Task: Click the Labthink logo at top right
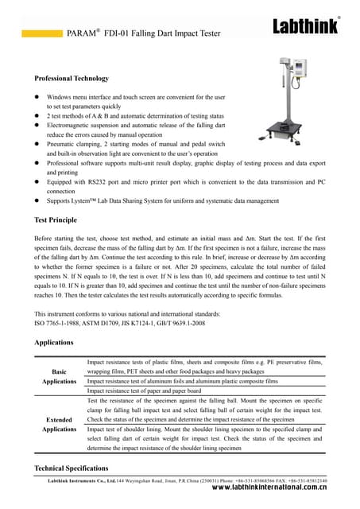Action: tap(306, 26)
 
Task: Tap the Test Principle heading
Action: tap(56, 220)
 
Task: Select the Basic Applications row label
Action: tap(59, 376)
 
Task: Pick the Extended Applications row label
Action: tap(59, 423)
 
